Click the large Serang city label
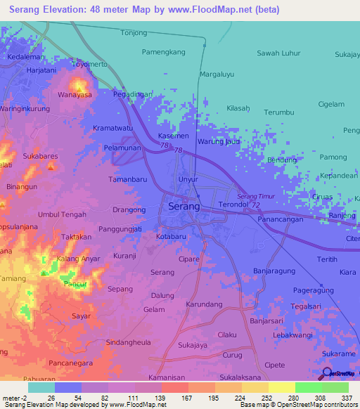click(184, 207)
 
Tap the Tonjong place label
click(134, 33)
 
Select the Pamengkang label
click(163, 52)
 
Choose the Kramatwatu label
click(112, 129)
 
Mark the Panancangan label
click(281, 220)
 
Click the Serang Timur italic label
click(255, 196)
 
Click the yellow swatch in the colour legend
click(281, 387)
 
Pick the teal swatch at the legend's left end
click(41, 387)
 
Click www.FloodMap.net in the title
click(217, 9)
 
